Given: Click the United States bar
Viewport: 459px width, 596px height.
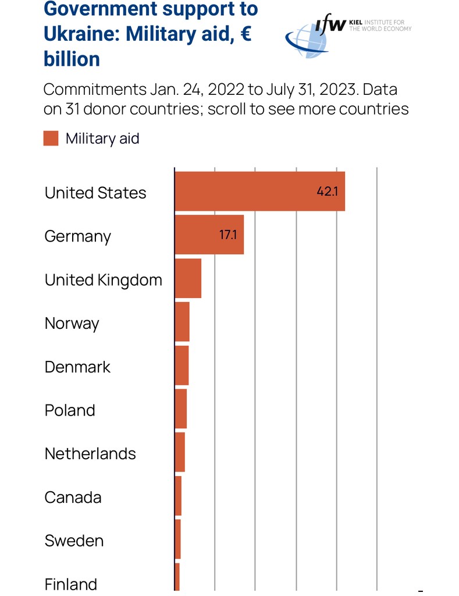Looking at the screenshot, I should tap(259, 191).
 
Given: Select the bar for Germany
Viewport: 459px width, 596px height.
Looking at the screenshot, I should tap(209, 235).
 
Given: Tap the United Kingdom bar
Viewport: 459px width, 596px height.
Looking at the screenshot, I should tap(188, 278).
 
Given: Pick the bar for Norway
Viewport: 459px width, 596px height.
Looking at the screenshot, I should tap(182, 322).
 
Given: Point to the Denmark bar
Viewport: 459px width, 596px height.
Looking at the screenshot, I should tap(182, 366).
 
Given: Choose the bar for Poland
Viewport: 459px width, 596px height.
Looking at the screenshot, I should tap(180, 409).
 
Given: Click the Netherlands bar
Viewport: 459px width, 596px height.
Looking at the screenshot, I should tap(180, 452).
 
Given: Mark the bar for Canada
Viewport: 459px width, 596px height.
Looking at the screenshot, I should tap(178, 496).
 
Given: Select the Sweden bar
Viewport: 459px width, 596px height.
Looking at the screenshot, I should tap(177, 539).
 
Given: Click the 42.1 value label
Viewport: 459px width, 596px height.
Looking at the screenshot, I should tap(327, 191).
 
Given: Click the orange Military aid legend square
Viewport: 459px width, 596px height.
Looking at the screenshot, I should tap(51, 139).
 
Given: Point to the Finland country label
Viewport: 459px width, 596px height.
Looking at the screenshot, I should tap(70, 584).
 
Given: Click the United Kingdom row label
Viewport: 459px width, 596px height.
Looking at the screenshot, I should tap(103, 280).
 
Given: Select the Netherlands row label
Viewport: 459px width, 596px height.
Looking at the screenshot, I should tap(90, 453).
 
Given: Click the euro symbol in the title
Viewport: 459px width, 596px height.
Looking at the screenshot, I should tap(245, 34).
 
